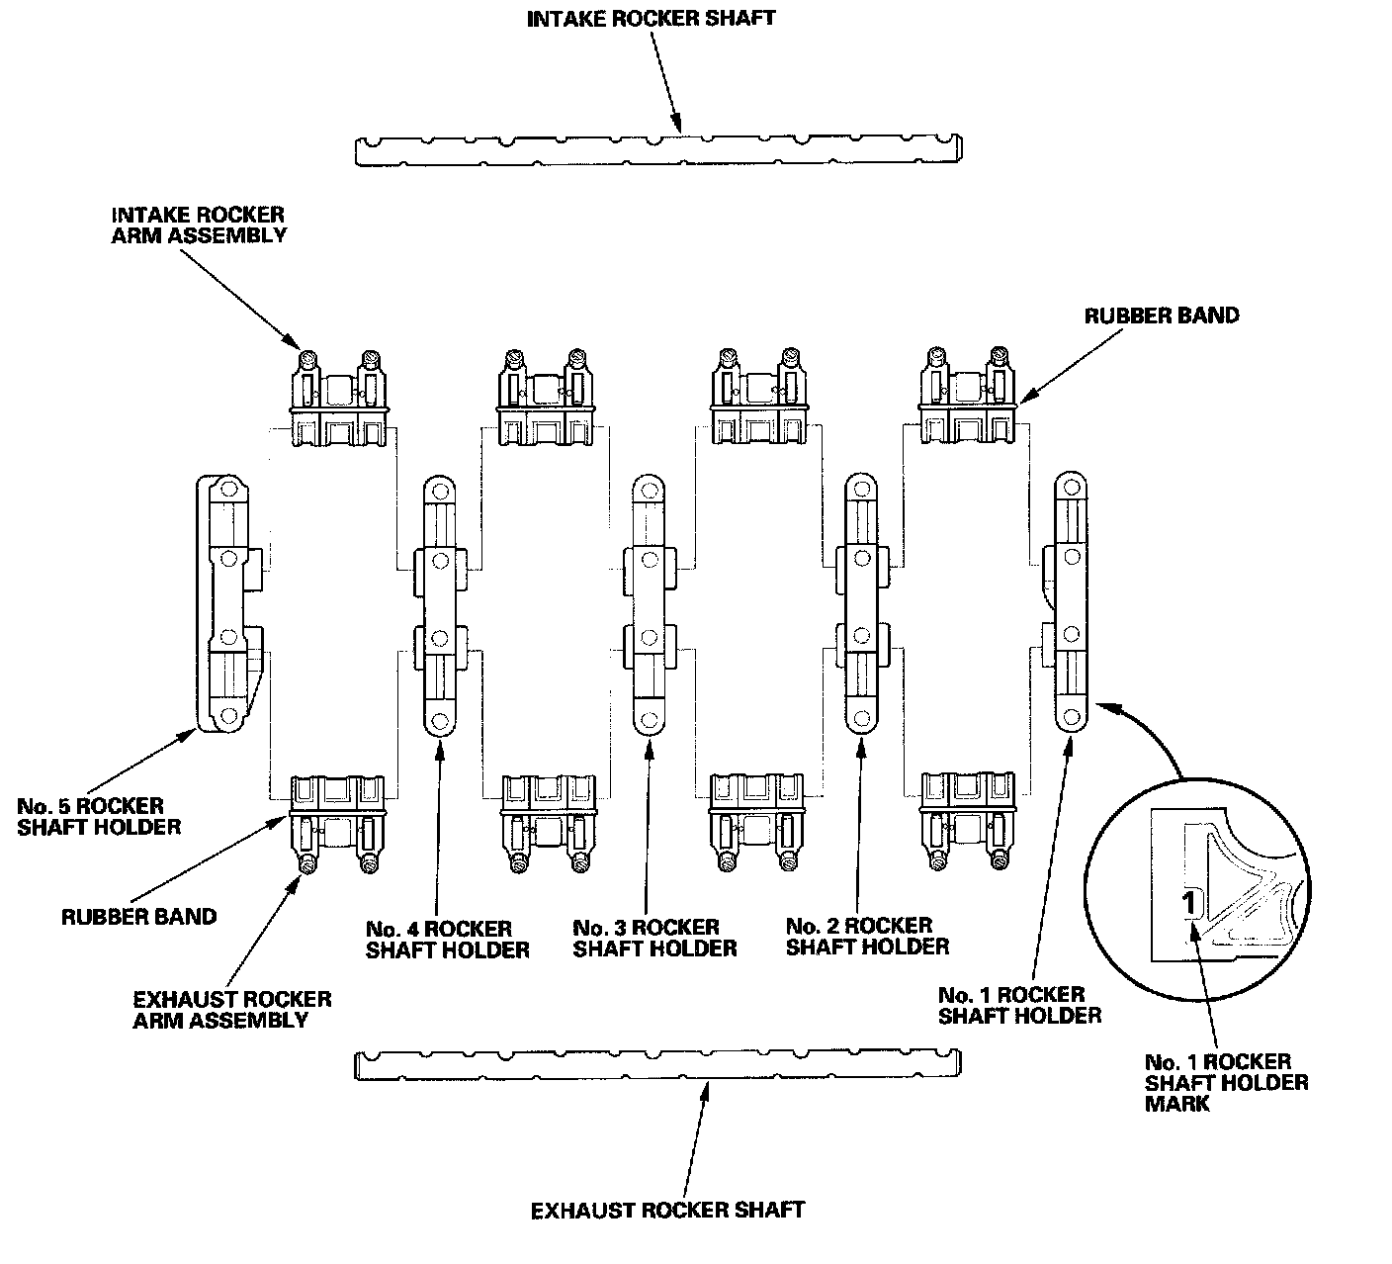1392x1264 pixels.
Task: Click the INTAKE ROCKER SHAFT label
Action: tap(651, 19)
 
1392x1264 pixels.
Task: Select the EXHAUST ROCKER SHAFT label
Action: tap(667, 1210)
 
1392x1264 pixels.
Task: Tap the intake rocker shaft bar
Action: tap(657, 149)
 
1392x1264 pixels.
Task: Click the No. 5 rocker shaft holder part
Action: tap(226, 603)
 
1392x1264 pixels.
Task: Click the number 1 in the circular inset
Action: tap(1191, 902)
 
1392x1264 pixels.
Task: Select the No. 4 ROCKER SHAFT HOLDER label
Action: tap(447, 940)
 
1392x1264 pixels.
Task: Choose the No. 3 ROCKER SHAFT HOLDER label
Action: tap(654, 938)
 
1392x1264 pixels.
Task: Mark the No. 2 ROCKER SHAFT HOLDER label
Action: tap(867, 936)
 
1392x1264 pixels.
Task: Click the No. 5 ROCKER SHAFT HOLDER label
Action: tap(99, 816)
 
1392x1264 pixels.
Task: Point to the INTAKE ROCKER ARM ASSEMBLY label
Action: tap(199, 225)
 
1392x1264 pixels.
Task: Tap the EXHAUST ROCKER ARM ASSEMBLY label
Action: tap(232, 1009)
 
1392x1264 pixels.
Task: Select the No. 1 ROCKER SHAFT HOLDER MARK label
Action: tap(1226, 1082)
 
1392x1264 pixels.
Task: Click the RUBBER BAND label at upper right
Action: tap(1162, 316)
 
